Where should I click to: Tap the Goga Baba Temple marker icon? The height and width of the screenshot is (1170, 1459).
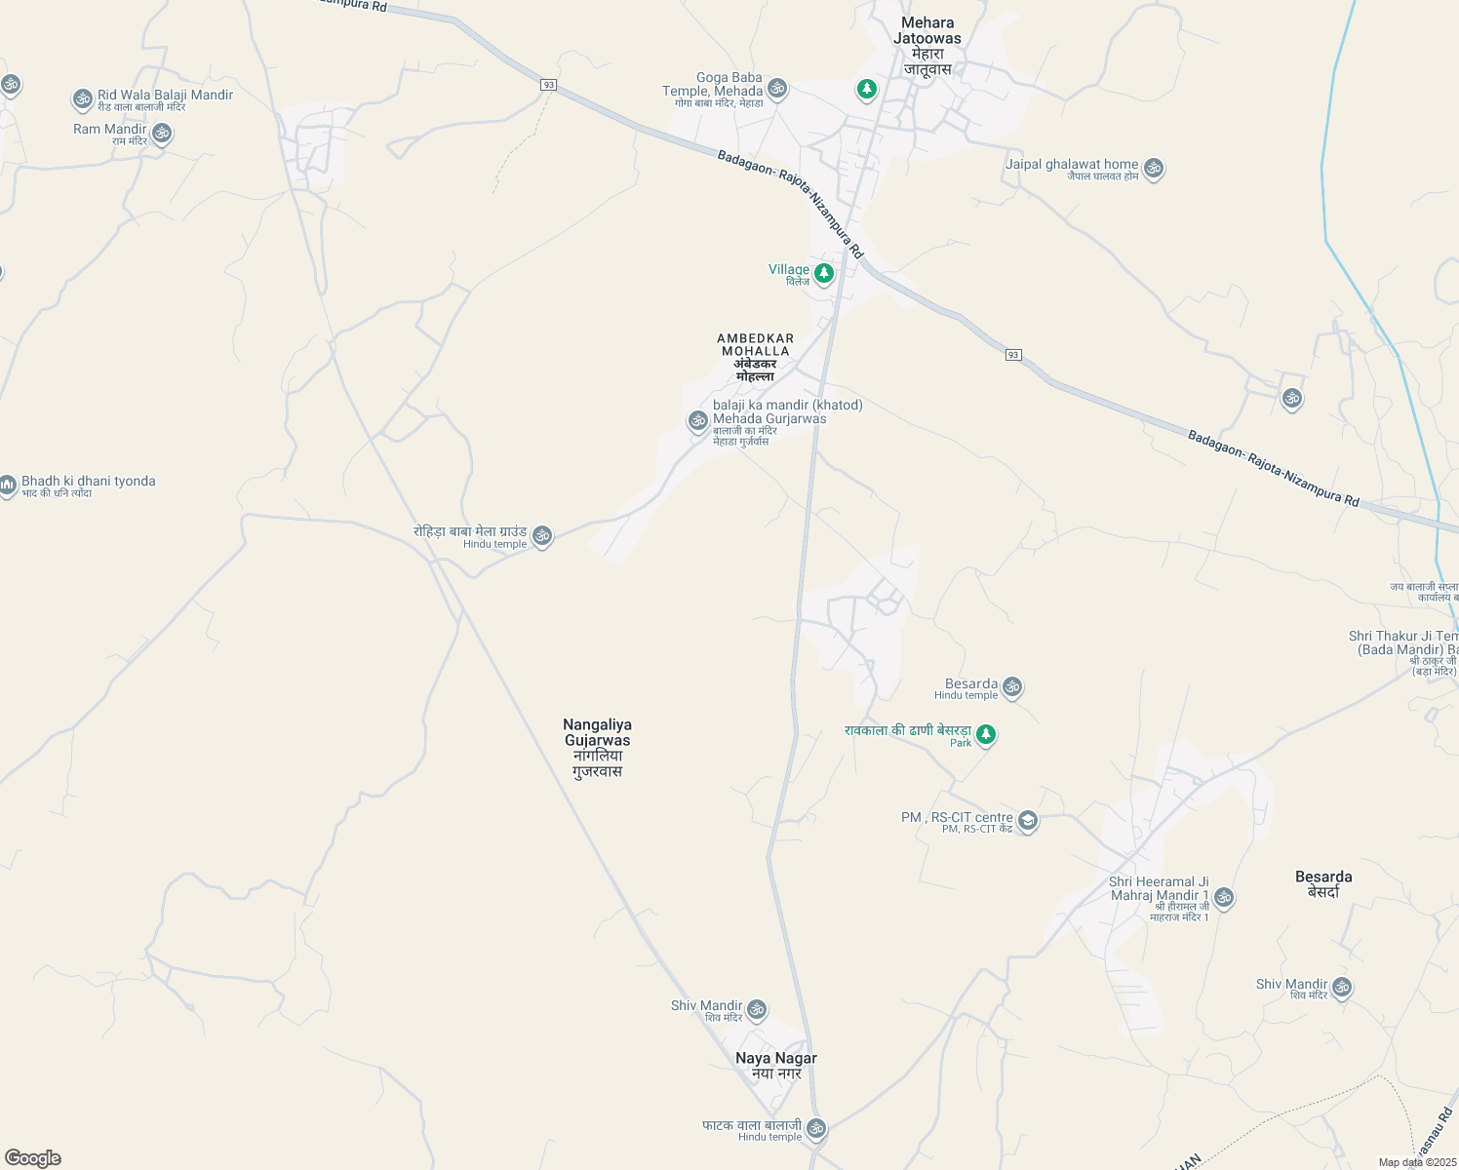(777, 89)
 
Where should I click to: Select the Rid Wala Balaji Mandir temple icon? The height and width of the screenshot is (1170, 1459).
(83, 98)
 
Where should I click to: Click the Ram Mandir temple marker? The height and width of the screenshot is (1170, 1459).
(162, 133)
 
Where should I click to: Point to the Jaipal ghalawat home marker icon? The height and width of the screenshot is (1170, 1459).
(1154, 168)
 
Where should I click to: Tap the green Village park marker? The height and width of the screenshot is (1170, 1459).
(824, 273)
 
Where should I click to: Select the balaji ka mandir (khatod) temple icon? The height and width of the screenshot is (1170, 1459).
(697, 420)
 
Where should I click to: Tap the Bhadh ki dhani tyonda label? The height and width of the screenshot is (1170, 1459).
(88, 482)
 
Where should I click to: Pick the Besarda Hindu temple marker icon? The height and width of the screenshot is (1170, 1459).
(1012, 686)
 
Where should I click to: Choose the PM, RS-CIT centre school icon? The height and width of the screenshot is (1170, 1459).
(1027, 821)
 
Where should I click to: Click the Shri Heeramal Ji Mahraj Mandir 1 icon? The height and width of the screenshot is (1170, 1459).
(1224, 897)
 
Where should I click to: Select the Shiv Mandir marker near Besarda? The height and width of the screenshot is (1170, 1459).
(1342, 987)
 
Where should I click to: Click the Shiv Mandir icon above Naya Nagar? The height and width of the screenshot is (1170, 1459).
(757, 1009)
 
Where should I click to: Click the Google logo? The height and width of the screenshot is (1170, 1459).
(33, 1158)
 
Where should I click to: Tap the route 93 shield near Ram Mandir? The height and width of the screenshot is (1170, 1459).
(549, 86)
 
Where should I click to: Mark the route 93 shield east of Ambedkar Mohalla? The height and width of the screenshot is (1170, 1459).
(1014, 355)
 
